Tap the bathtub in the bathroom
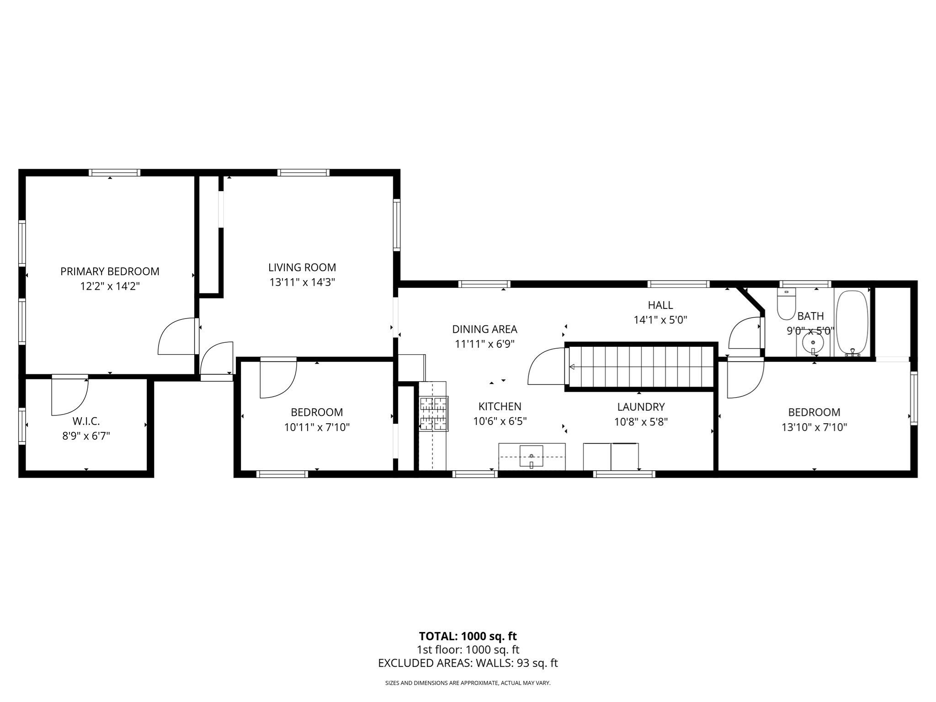(x=851, y=322)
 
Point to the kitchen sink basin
(x=532, y=456)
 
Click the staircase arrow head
(x=571, y=366)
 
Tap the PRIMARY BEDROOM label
(x=110, y=271)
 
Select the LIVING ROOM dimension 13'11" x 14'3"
(x=302, y=282)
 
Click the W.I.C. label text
(x=86, y=421)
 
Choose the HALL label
(x=660, y=305)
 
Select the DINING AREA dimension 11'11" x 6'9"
(x=484, y=344)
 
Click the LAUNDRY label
(x=641, y=407)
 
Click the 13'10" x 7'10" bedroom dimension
(x=814, y=427)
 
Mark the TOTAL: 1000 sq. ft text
(x=468, y=636)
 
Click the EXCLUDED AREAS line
(x=468, y=663)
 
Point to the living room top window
(x=303, y=173)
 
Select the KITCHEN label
(x=500, y=406)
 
